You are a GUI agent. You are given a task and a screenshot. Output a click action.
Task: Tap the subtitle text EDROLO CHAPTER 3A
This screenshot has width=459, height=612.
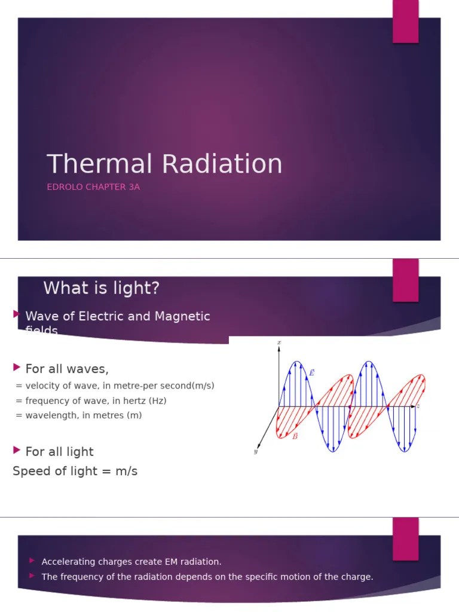tap(93, 187)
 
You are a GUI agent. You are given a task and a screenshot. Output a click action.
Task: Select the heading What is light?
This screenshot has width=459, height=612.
tap(102, 289)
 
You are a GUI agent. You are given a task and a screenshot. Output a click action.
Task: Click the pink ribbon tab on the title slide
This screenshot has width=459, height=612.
tap(405, 22)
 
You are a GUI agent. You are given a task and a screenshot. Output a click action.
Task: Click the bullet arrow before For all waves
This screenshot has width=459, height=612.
tap(16, 366)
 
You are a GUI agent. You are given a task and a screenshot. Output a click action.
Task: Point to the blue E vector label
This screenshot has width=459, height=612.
tap(311, 372)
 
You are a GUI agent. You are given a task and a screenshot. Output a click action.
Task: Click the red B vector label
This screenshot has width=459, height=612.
tap(295, 436)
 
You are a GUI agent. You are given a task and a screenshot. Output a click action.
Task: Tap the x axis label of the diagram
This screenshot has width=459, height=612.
tap(279, 342)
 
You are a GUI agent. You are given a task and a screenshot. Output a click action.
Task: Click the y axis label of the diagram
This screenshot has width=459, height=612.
tap(255, 452)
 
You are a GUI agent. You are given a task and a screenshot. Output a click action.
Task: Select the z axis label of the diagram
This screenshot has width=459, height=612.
tap(418, 406)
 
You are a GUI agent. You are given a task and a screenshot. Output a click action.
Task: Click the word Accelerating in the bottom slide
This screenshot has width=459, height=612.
tap(66, 562)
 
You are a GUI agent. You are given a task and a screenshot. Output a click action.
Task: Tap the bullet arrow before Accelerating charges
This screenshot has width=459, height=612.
tap(32, 561)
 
